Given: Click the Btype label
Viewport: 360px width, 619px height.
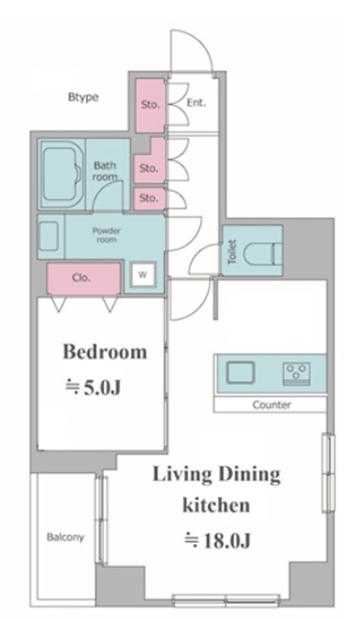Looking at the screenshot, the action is (83, 97).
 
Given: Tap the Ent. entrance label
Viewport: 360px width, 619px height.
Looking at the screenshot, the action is (196, 103).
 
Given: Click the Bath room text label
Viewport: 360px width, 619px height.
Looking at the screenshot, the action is (105, 171).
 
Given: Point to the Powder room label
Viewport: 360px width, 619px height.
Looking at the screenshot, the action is (106, 235).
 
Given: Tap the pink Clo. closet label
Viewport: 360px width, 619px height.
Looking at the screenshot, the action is (81, 278).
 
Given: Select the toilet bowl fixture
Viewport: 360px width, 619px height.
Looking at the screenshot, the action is (263, 252).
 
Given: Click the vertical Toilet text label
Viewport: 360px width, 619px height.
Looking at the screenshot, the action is (232, 252).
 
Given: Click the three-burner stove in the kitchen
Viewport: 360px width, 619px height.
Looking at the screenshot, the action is (296, 373).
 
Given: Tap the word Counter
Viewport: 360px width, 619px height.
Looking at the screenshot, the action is (272, 405).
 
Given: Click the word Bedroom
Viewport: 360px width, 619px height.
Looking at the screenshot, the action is (105, 351).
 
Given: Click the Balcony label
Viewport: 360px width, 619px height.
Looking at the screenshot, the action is (66, 537).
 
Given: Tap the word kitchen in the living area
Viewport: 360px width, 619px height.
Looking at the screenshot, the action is (216, 505).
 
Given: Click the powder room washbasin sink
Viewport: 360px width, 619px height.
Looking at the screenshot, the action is (50, 237).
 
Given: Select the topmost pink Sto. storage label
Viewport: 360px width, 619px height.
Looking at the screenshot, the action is (150, 105).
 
